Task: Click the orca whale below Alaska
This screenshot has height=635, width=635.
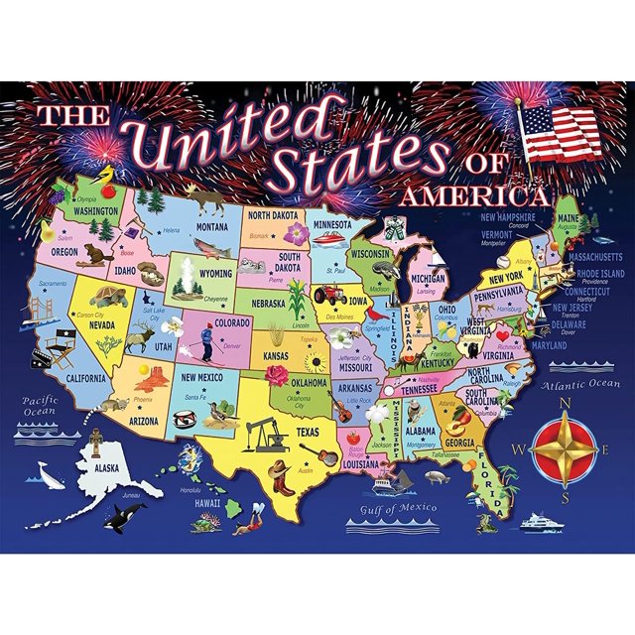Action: [129, 515]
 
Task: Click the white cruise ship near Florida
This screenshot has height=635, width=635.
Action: [545, 519]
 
